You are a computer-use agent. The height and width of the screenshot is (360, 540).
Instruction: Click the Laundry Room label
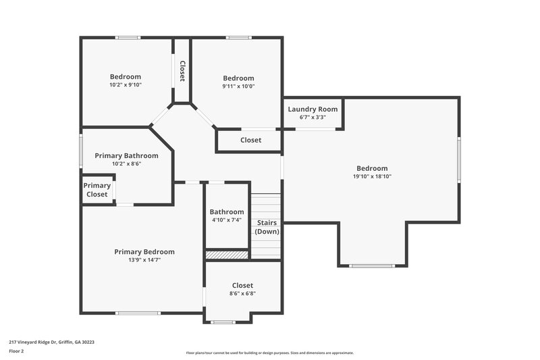pyautogui.click(x=313, y=109)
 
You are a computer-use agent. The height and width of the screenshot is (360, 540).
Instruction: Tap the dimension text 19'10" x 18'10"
pyautogui.click(x=372, y=176)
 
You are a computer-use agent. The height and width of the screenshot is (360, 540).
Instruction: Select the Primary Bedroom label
pyautogui.click(x=144, y=252)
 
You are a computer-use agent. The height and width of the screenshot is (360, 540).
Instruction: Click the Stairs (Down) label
pyautogui.click(x=267, y=226)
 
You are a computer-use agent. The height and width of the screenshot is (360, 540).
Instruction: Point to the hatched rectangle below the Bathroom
pyautogui.click(x=227, y=255)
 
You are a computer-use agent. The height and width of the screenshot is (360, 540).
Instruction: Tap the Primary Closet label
pyautogui.click(x=97, y=190)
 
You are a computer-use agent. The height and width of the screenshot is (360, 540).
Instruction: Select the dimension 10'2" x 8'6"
pyautogui.click(x=126, y=163)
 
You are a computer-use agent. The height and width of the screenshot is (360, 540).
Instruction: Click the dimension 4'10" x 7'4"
pyautogui.click(x=226, y=220)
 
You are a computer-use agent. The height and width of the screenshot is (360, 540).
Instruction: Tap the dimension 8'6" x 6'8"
pyautogui.click(x=242, y=293)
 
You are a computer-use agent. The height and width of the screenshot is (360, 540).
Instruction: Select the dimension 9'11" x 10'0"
pyautogui.click(x=239, y=86)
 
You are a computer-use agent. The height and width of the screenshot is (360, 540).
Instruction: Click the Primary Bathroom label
pyautogui.click(x=126, y=155)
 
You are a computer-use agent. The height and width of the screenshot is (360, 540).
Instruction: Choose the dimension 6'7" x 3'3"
pyautogui.click(x=313, y=117)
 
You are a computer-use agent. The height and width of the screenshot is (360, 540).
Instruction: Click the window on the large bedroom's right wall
pyautogui.click(x=459, y=159)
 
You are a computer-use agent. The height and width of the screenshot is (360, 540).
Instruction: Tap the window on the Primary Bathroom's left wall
pyautogui.click(x=81, y=150)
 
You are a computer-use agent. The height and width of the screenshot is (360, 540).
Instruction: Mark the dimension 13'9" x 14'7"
pyautogui.click(x=144, y=259)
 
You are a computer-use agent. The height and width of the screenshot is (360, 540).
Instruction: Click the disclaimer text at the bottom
pyautogui.click(x=270, y=353)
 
